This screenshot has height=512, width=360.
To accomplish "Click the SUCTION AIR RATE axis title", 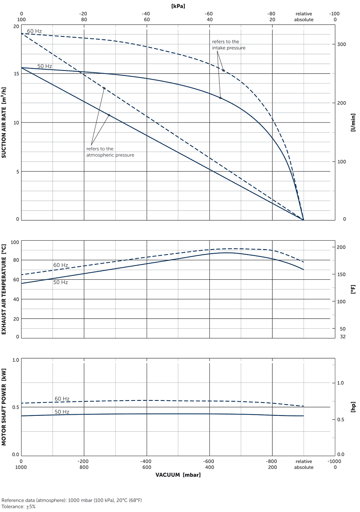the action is click(4, 122).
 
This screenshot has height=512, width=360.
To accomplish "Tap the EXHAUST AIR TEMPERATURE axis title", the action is click(4, 289).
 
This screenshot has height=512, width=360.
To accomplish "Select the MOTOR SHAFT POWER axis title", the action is click(4, 407).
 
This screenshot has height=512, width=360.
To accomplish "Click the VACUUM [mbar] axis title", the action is click(178, 475).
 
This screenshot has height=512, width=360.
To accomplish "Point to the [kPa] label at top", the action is click(178, 6).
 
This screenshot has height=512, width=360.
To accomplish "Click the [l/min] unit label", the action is click(353, 122).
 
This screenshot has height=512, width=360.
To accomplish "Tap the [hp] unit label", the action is click(353, 407).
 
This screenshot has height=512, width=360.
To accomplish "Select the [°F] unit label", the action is click(353, 289).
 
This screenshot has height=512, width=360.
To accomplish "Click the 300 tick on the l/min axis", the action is click(342, 44).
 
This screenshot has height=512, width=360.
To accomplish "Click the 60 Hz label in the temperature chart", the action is click(61, 265).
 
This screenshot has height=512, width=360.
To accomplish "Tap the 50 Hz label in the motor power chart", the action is click(62, 412).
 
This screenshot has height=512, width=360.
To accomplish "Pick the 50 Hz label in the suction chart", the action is click(44, 66).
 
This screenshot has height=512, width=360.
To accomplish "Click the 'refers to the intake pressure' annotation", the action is click(228, 44).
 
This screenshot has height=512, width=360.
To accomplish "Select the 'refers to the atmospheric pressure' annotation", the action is click(110, 152).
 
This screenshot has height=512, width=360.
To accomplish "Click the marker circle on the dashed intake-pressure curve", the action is click(224, 71).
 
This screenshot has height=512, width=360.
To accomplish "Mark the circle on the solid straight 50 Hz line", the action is click(109, 115).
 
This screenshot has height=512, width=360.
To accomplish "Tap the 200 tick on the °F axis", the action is click(341, 247).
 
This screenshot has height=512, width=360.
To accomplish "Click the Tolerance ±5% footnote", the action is click(18, 507).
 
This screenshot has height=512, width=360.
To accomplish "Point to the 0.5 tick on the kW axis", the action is click(16, 407).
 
